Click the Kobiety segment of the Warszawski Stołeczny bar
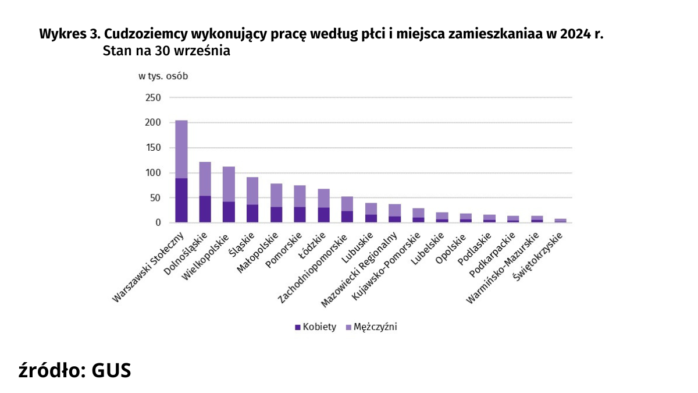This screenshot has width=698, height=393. (181, 200)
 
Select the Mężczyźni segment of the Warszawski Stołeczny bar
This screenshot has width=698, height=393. (181, 149)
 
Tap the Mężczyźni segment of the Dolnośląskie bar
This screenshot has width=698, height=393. (205, 179)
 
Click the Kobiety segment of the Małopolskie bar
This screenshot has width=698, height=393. (276, 215)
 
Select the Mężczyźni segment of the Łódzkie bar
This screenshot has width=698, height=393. (324, 198)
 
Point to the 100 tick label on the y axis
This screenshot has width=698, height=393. (152, 173)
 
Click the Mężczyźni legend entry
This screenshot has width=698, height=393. (371, 327)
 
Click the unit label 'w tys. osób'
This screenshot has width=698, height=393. (163, 76)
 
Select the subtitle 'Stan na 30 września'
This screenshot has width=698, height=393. (166, 51)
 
